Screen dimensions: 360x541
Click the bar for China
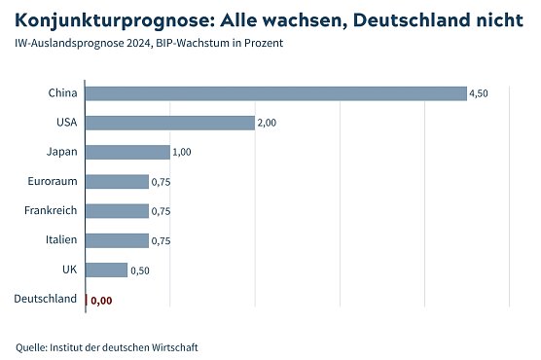[276, 93]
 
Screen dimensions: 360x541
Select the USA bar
[170, 123]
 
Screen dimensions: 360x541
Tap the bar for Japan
[127, 152]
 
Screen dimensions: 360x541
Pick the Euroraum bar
[117, 182]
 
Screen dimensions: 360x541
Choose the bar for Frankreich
[117, 211]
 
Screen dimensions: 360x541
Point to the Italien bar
[117, 240]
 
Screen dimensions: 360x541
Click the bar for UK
[106, 270]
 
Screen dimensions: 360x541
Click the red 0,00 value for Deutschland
[101, 301]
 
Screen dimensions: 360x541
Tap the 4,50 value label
[479, 93]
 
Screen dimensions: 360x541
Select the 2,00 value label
[267, 124]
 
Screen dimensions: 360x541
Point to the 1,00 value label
[182, 153]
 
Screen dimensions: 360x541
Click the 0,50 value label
[140, 270]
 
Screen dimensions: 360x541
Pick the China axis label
[62, 93]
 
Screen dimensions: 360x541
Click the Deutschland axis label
[45, 299]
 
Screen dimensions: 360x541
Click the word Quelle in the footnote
[31, 346]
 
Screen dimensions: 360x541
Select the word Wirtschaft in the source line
[176, 346]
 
